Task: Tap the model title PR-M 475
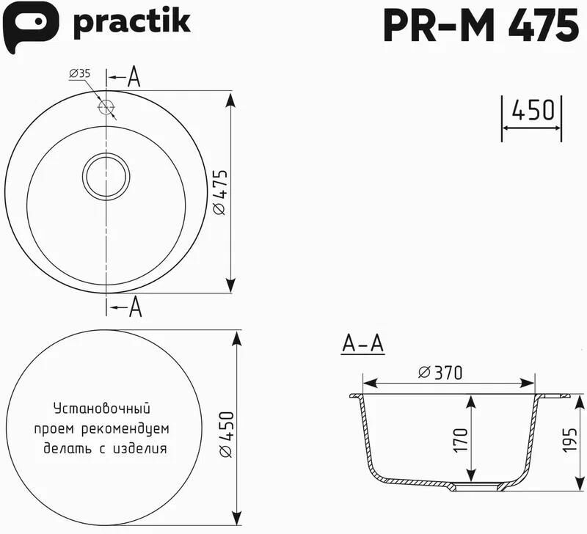481,26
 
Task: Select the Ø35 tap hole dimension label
80,73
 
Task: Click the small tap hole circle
106,107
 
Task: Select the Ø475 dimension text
220,192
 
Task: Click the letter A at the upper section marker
134,78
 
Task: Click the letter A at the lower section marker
135,307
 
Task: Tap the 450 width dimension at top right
532,110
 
